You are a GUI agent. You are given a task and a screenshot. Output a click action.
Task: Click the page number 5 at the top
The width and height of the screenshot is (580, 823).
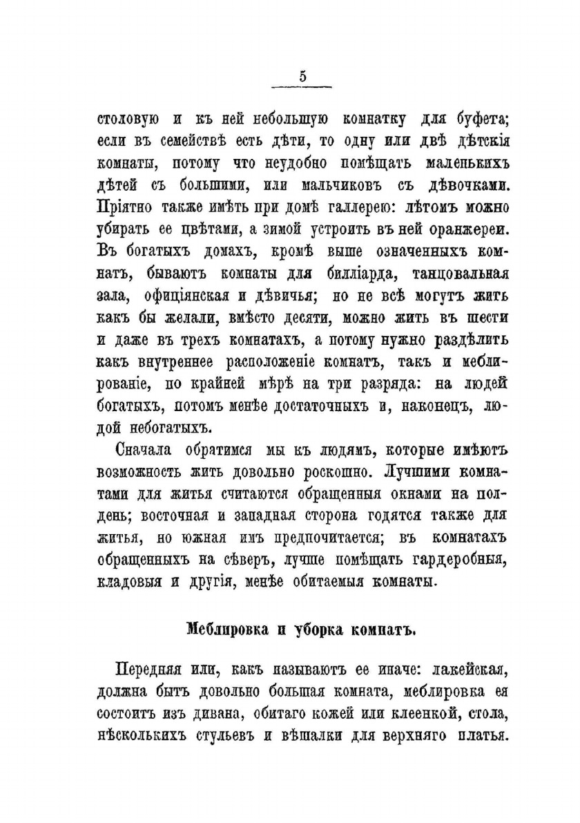[302, 77]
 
